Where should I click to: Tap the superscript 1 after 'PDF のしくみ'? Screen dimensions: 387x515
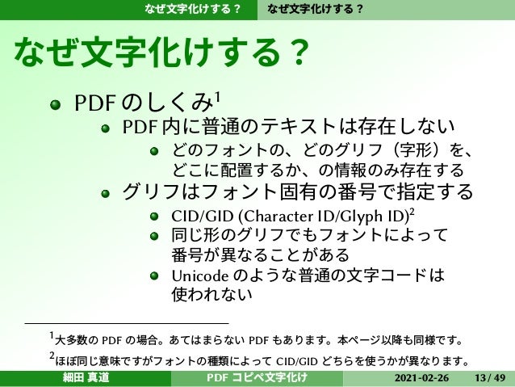(x=218, y=98)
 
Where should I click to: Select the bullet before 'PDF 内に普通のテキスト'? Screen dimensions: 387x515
(x=105, y=128)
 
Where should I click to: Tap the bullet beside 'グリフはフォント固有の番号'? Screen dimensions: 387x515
(x=105, y=193)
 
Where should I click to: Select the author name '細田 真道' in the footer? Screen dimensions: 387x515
(x=86, y=379)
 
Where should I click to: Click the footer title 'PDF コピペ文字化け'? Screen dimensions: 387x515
(x=257, y=379)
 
